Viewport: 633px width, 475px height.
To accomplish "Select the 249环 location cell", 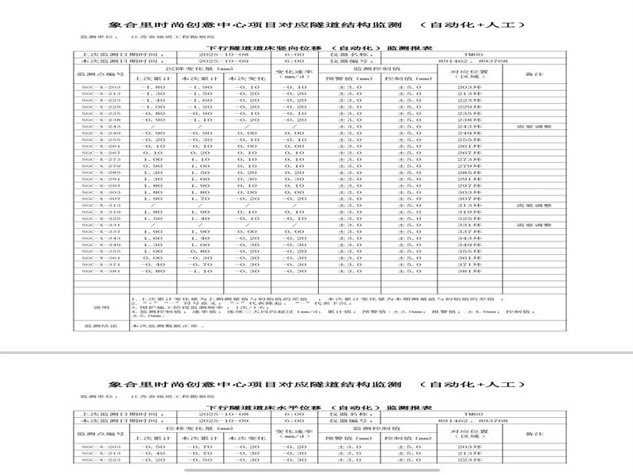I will tap(469, 132).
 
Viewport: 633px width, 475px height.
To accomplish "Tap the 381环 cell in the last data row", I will tap(469, 272).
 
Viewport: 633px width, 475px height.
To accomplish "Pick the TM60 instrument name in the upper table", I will tap(473, 53).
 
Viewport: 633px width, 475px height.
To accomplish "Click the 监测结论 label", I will tap(99, 325).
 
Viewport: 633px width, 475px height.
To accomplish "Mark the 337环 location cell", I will tap(469, 231).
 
